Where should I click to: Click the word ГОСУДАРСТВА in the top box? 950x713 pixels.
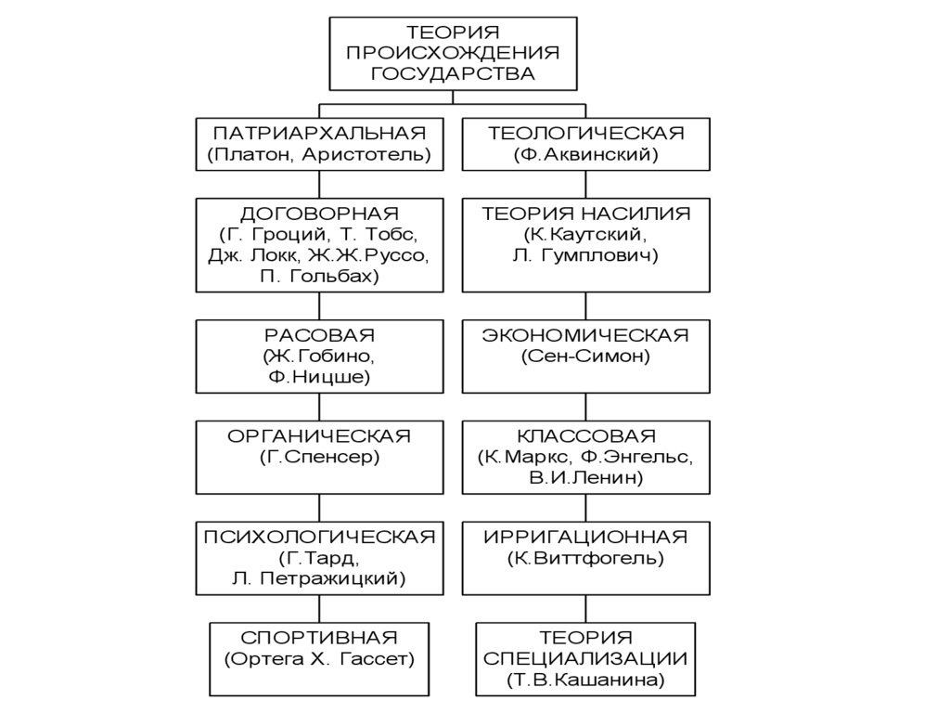pos(453,72)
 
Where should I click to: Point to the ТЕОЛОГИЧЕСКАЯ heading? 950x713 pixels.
pos(585,133)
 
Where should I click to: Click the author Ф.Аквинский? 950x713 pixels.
pos(585,154)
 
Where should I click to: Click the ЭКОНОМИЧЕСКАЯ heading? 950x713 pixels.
pos(585,334)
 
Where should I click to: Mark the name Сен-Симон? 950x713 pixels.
pos(585,356)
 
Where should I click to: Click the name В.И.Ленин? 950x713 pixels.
pos(585,478)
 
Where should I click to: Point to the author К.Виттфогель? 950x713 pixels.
pos(585,558)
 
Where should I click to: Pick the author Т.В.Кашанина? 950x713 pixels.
pos(585,681)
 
